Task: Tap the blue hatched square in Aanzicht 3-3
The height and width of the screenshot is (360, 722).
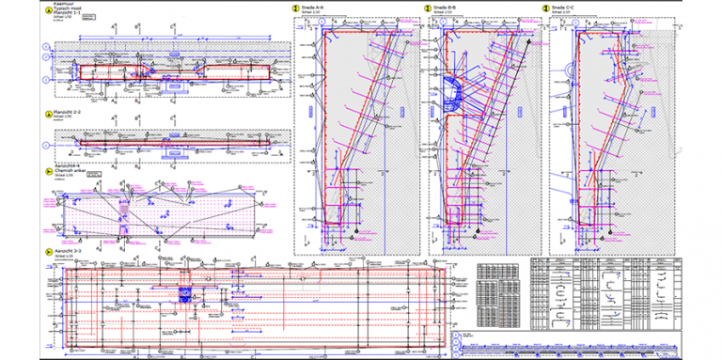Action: tap(184, 293)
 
